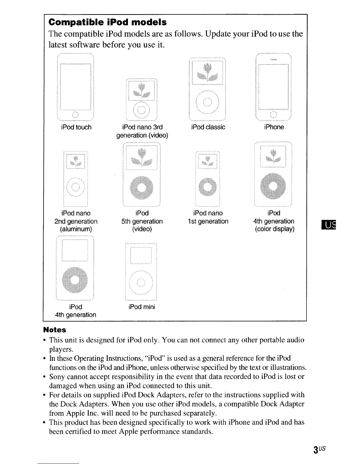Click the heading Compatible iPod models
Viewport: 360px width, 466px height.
[x=108, y=22]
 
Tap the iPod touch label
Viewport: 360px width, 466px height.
[x=76, y=127]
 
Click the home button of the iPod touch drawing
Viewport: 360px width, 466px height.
[x=75, y=115]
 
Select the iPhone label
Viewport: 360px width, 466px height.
[x=274, y=127]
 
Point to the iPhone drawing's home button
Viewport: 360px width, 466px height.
[x=274, y=114]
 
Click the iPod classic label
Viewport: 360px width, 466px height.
[x=208, y=127]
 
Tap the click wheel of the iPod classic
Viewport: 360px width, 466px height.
[x=207, y=102]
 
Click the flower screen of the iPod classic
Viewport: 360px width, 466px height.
[x=207, y=72]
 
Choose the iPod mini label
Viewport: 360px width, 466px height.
[x=142, y=307]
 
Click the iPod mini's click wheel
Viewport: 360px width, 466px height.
[x=141, y=283]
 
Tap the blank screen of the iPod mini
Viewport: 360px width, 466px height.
[x=141, y=255]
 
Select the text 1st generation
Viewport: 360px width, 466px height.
[x=208, y=221]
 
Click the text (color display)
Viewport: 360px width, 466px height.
[x=274, y=229]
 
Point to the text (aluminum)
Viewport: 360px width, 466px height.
[x=76, y=229]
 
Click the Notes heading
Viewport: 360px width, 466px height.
[x=54, y=330]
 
